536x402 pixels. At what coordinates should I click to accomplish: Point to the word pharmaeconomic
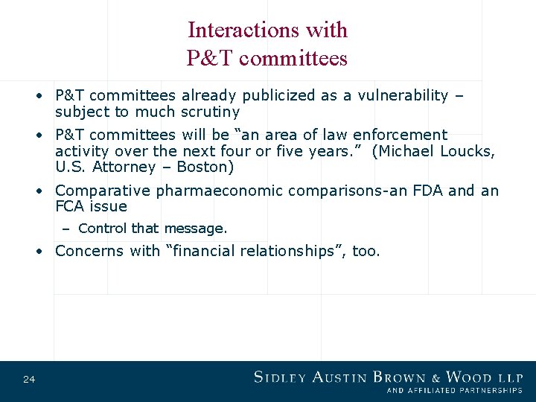[220, 191]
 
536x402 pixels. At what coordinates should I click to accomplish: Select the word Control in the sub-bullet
[102, 229]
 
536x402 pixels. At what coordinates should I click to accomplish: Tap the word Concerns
[90, 251]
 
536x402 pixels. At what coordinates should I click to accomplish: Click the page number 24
[29, 380]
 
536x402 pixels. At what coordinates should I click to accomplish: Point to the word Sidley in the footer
[284, 377]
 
